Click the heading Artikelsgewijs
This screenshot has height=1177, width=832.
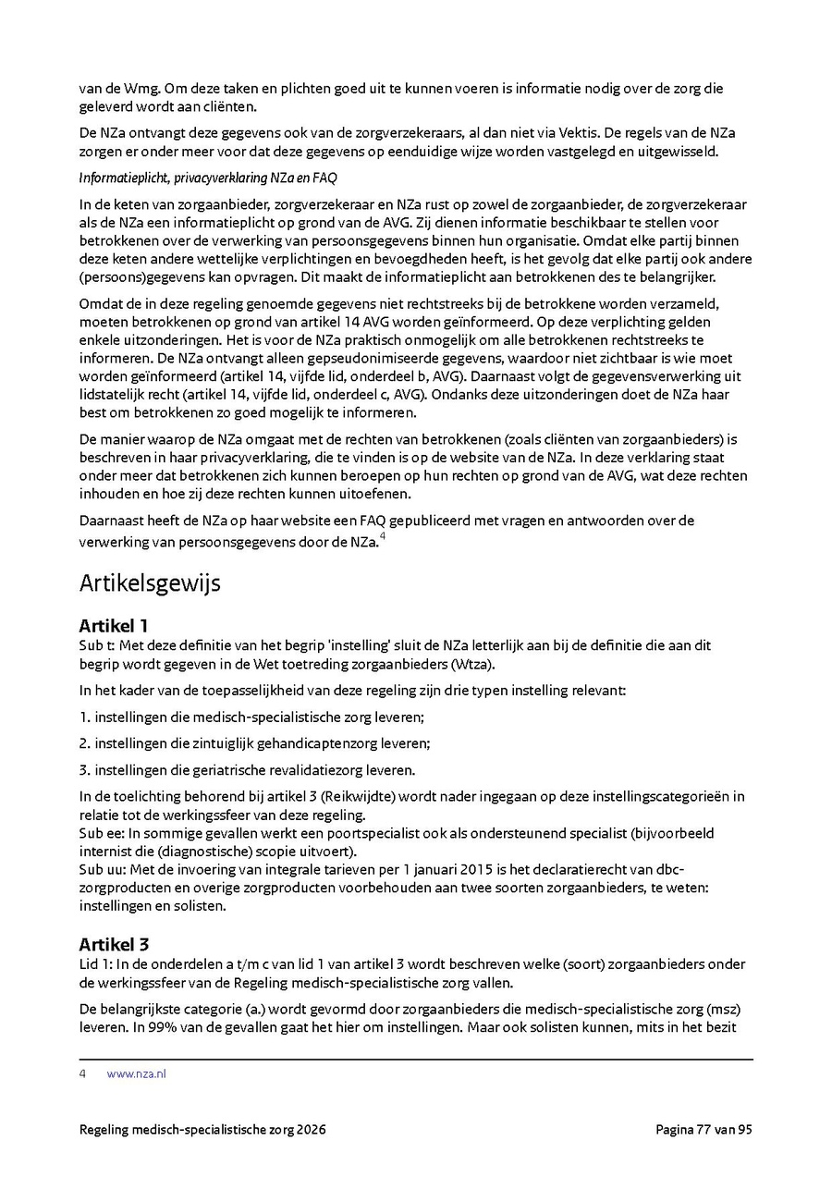[x=150, y=583]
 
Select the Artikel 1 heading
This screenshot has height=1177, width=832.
[x=114, y=626]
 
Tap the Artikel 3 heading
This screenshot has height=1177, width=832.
[x=114, y=944]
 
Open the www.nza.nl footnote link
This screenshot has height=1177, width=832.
[x=136, y=1073]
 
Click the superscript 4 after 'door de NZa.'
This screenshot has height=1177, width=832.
[x=383, y=536]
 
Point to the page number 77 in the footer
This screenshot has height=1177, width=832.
[x=708, y=1129]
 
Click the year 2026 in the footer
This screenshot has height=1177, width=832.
[x=311, y=1129]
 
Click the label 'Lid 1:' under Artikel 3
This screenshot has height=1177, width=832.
[x=97, y=963]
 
